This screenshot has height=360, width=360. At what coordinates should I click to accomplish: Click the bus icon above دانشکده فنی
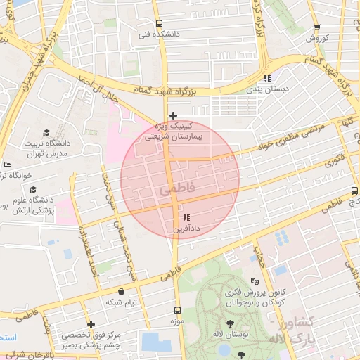(159, 22)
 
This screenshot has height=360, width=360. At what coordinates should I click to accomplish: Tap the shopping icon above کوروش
(317, 27)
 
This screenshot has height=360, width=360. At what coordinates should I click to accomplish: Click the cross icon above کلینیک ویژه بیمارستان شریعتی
(173, 115)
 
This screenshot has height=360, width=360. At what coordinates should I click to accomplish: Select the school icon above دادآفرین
(186, 218)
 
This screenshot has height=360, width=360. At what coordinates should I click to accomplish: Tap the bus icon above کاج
(354, 191)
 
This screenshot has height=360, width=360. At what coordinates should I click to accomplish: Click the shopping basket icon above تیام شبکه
(122, 291)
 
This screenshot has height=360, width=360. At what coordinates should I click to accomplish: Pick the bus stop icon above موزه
(176, 309)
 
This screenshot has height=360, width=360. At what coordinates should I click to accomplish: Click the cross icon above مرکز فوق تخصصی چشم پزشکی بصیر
(91, 324)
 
